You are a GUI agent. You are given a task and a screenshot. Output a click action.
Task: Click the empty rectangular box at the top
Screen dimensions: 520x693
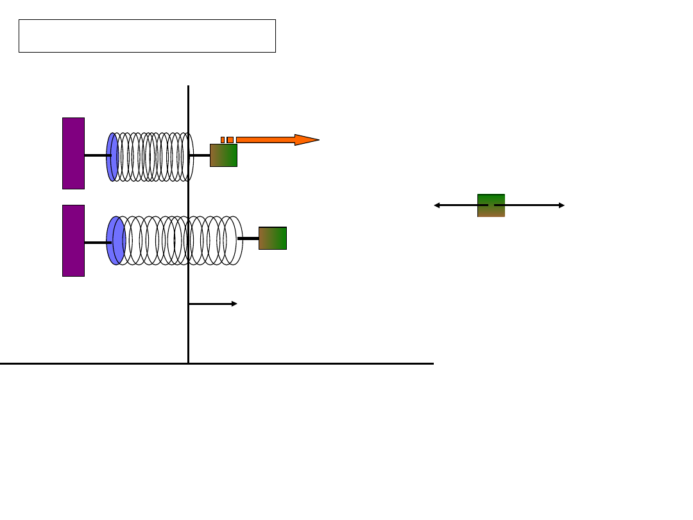point(147,36)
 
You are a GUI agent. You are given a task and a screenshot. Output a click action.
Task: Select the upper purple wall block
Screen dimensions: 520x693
point(73,153)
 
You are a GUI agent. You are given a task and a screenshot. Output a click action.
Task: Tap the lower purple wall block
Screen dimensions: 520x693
point(73,241)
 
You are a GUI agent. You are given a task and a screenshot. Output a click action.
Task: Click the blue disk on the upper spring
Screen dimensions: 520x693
point(111,157)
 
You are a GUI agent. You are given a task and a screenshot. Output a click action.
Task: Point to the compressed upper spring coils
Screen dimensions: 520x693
point(154,157)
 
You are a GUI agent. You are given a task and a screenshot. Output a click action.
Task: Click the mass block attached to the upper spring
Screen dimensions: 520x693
point(223,155)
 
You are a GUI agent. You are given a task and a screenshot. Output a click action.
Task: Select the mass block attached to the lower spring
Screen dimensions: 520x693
point(273,238)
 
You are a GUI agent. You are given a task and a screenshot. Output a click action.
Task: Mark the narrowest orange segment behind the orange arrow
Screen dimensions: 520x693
point(223,140)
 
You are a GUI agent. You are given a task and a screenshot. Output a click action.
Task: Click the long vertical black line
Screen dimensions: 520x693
point(188,321)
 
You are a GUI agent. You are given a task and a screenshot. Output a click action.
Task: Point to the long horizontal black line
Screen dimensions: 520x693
point(321,363)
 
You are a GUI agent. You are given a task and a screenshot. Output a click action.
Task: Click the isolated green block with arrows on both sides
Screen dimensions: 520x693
point(491,205)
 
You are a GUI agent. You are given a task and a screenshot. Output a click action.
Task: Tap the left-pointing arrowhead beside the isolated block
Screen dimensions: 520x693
point(437,205)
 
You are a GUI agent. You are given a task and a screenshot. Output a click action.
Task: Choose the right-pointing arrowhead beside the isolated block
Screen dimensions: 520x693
point(561,205)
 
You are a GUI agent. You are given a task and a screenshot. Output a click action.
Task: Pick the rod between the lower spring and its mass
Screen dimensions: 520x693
point(248,238)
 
